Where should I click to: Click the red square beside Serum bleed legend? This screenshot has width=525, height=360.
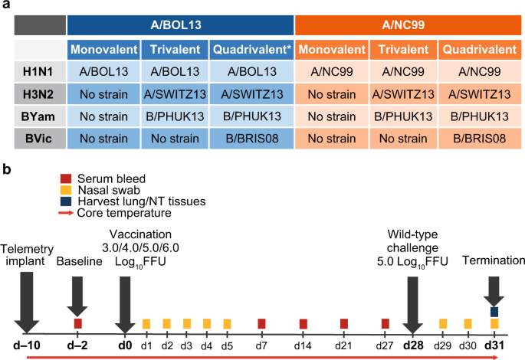67,176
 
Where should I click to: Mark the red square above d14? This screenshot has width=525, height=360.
304,323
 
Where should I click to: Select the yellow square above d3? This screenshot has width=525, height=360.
186,323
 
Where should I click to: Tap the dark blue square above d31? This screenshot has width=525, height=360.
494,311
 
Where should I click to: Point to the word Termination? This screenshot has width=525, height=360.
494,260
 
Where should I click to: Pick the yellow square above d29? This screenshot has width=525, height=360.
443,323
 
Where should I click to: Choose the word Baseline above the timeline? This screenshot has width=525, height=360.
80,260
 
